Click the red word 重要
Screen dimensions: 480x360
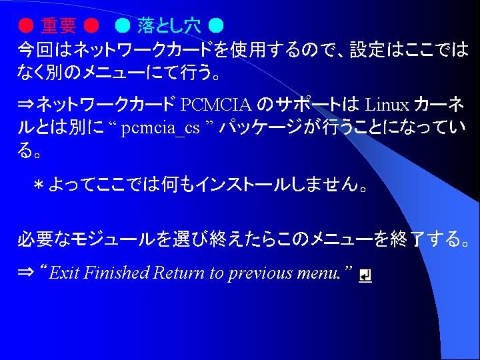coord(59,25)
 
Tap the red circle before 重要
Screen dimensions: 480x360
coord(26,25)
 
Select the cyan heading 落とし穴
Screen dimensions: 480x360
coord(169,25)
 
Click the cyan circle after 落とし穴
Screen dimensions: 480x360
coord(216,25)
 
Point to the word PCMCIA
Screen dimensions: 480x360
coord(216,105)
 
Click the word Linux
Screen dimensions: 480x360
coord(387,105)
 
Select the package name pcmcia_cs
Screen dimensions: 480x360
coord(161,127)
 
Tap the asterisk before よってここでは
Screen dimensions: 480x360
coord(39,185)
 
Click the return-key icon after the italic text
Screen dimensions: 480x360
coord(365,275)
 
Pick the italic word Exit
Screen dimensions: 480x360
coord(64,272)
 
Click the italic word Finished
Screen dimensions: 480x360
coord(116,272)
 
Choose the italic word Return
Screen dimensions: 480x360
coord(179,272)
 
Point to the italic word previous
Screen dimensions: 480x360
coord(260,273)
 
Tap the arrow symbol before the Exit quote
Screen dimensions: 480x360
coord(26,272)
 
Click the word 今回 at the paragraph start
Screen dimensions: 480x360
coord(35,49)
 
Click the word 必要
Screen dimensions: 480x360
coord(35,239)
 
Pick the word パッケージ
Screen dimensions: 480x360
coord(261,127)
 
